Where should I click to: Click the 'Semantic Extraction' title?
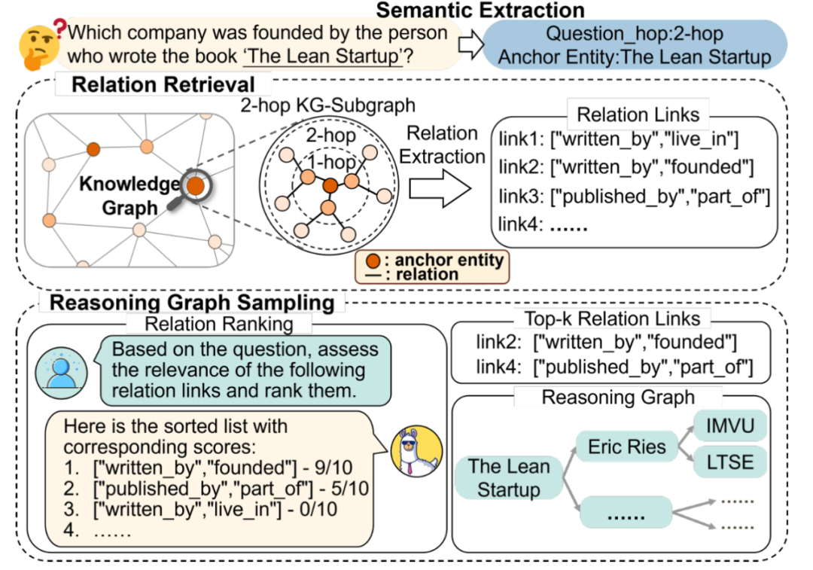[x=480, y=11]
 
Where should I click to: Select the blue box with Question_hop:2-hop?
[x=635, y=45]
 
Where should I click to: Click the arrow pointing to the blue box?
[x=470, y=44]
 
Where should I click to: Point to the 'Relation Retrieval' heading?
[x=163, y=84]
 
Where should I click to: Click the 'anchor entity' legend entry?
[x=433, y=261]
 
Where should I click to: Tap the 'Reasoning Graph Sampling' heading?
[x=191, y=303]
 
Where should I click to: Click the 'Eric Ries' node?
[x=626, y=447]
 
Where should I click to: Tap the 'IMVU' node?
[x=729, y=427]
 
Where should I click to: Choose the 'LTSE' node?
[x=729, y=461]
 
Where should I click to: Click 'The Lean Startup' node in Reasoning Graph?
[x=508, y=478]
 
